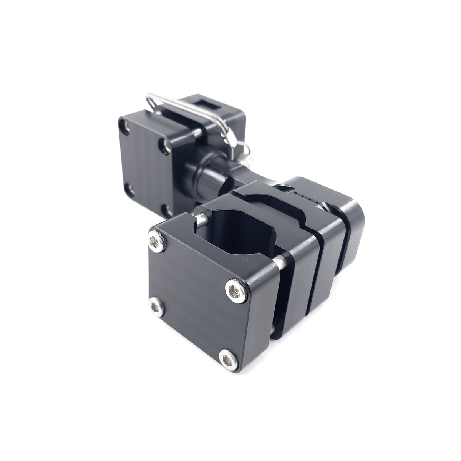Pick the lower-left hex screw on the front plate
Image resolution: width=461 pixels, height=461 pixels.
tap(155, 305)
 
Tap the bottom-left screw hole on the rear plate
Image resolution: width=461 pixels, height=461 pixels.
tap(129, 189)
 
